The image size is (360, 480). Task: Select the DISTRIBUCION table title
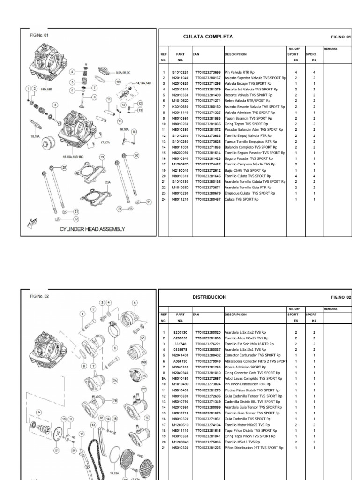coord(210,297)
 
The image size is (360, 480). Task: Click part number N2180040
coord(179,171)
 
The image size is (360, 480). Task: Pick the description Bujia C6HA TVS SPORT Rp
coord(246,171)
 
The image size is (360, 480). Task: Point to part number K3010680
coord(179,106)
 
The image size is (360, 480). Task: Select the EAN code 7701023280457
coord(208,199)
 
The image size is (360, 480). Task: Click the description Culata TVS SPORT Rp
coord(241,199)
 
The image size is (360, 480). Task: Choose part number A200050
coord(179,337)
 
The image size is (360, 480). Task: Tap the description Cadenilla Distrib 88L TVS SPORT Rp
coord(253,401)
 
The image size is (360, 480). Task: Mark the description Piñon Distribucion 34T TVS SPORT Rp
coord(254,447)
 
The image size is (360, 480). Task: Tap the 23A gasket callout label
coord(107,181)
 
